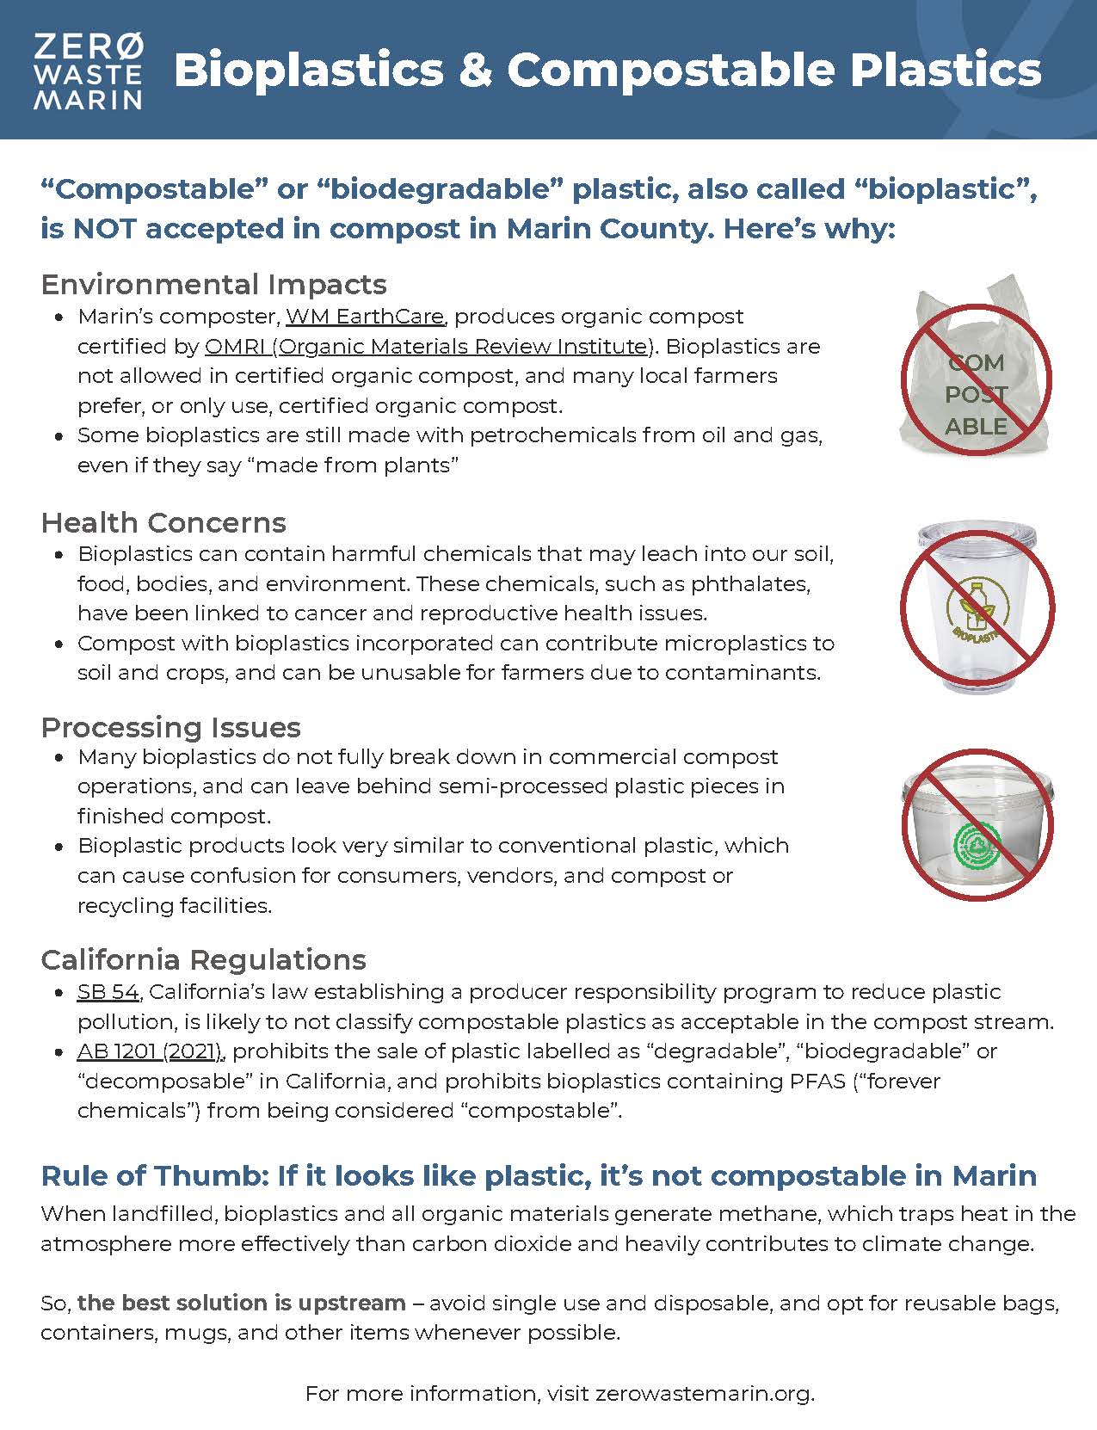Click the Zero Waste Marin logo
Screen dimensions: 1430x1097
pos(88,71)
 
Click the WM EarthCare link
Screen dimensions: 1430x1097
pos(365,317)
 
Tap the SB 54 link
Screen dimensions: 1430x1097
pos(108,992)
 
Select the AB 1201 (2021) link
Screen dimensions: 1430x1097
pos(151,1051)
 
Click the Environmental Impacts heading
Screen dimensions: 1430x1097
pos(213,285)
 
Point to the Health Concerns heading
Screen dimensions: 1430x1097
pos(163,523)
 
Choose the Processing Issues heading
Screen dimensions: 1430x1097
pos(170,728)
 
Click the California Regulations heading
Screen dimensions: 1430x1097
pos(203,960)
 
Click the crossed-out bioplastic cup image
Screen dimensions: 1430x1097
pos(977,607)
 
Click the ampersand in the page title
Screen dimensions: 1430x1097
pos(475,71)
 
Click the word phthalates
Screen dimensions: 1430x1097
pos(747,584)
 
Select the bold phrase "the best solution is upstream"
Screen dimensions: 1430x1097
pos(242,1304)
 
